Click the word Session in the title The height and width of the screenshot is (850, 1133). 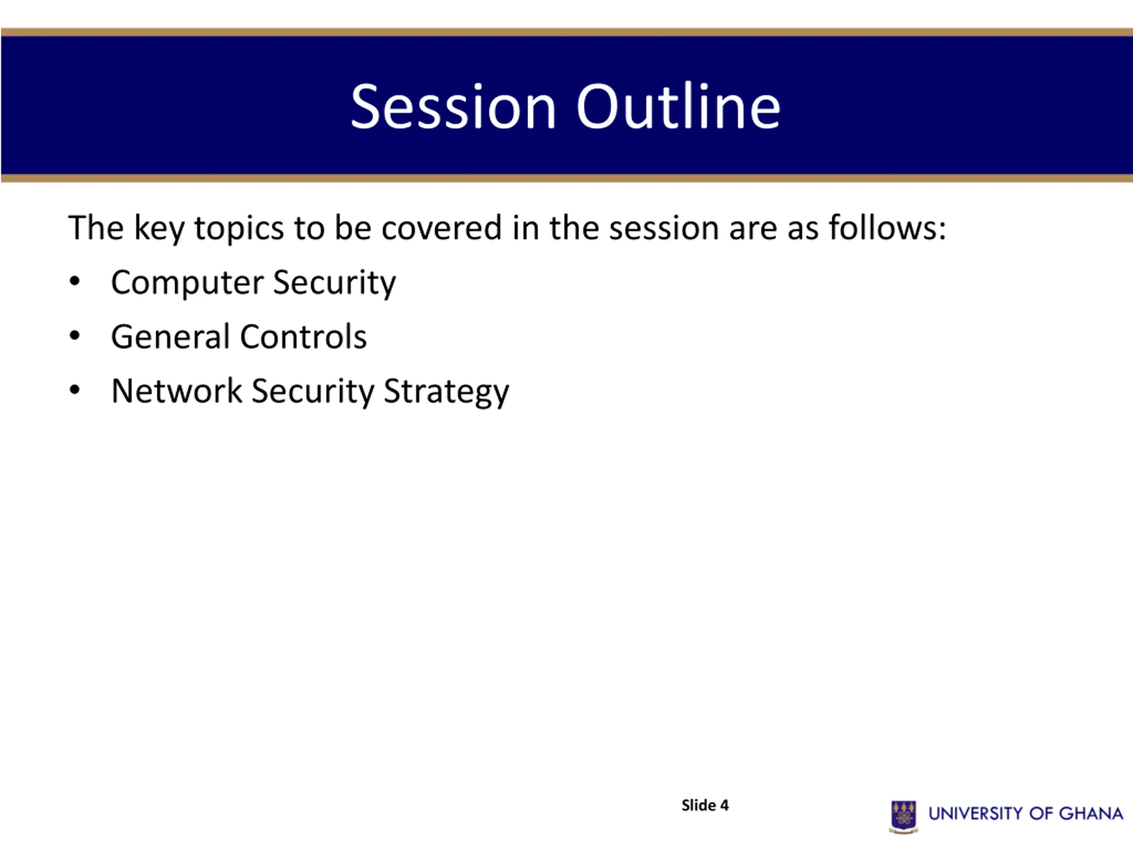pos(453,107)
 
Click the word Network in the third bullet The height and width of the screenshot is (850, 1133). pos(176,391)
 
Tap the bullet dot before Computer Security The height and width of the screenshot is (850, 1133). pos(75,281)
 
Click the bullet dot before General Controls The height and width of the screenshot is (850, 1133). pos(75,336)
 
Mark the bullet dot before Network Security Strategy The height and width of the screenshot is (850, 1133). pos(75,390)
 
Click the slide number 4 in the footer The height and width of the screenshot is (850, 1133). pos(724,805)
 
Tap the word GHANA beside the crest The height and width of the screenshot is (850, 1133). pos(1091,814)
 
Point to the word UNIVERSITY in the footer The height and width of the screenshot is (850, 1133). pos(976,814)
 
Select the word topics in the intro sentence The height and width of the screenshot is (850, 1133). pos(239,229)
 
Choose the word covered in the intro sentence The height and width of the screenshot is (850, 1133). pos(442,228)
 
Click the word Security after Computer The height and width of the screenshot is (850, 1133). pos(335,283)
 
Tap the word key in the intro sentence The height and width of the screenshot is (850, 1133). pos(159,229)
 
